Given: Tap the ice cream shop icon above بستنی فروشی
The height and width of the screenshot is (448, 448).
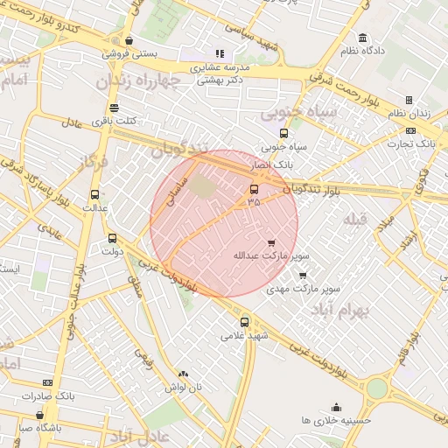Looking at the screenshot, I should pos(129,39).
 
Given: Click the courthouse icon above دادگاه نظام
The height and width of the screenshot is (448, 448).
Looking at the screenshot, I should pos(363,38).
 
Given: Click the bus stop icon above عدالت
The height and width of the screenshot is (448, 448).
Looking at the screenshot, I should pos(94,195).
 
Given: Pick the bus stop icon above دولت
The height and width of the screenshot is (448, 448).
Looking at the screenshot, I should pos(112,238).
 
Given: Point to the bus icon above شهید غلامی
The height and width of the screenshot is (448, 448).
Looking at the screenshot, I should pos(244,321).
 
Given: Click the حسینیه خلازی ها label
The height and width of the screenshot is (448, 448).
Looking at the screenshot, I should pos(337,420).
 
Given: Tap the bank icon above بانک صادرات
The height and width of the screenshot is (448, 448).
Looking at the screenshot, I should pos(47,382).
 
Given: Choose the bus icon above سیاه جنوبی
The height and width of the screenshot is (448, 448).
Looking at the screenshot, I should pos(283,133).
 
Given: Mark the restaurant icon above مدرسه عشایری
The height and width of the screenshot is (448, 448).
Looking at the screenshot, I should pos(220,53).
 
